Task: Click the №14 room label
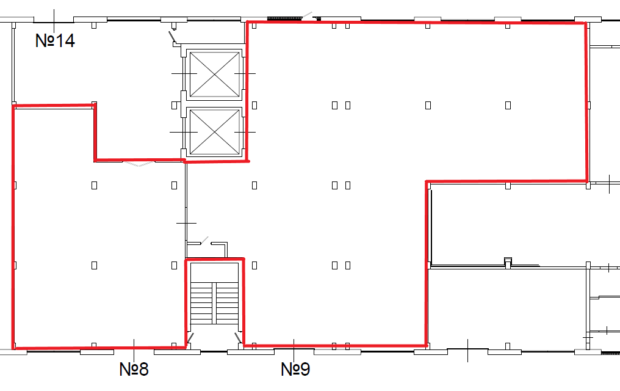[x=55, y=40]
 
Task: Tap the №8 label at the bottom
[x=134, y=369]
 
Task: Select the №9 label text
[x=295, y=369]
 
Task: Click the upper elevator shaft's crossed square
[x=215, y=74]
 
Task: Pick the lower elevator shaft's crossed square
[x=215, y=132]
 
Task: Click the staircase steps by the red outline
[x=214, y=303]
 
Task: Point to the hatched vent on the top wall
[x=284, y=18]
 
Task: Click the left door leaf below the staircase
[x=190, y=338]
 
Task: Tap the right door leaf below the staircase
[x=239, y=338]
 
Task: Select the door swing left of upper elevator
[x=172, y=37]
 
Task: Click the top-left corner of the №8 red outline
[x=14, y=106]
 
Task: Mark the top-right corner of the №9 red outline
[x=585, y=23]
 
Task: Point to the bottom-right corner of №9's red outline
[x=427, y=346]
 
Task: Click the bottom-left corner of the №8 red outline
[x=14, y=348]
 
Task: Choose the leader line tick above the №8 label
[x=134, y=350]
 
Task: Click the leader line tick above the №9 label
[x=294, y=350]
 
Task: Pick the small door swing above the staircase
[x=204, y=240]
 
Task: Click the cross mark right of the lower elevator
[x=245, y=132]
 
